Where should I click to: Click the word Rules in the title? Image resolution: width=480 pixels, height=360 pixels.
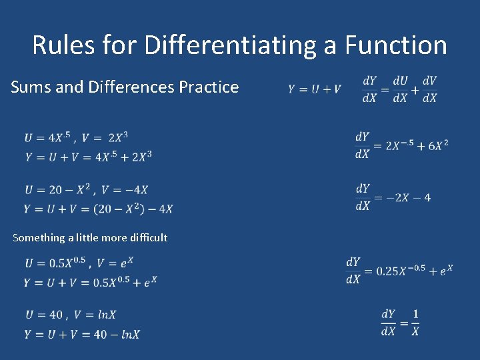pyautogui.click(x=64, y=45)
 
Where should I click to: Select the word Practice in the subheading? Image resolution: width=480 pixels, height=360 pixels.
pyautogui.click(x=209, y=87)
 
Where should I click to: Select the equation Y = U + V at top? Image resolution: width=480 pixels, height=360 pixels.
pyautogui.click(x=315, y=89)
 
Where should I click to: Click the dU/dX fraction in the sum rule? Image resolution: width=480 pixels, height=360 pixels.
pyautogui.click(x=400, y=89)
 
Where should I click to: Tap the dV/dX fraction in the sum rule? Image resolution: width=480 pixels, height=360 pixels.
pyautogui.click(x=430, y=89)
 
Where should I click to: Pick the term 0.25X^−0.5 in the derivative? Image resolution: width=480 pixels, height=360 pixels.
pyautogui.click(x=400, y=271)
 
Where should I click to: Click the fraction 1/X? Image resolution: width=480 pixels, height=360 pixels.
pyautogui.click(x=415, y=322)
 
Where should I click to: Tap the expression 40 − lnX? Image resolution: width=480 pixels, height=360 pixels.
pyautogui.click(x=117, y=334)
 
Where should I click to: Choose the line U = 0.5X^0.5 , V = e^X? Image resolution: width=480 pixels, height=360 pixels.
pyautogui.click(x=79, y=263)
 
